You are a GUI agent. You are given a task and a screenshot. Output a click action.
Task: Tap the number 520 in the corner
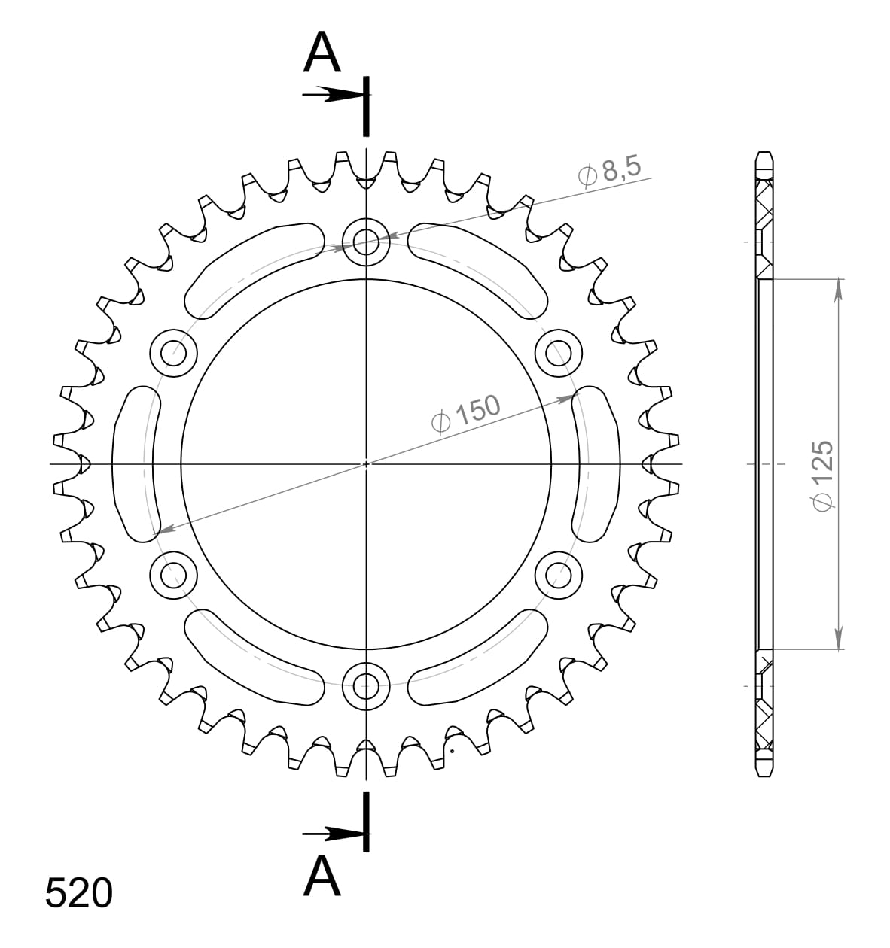point(79,894)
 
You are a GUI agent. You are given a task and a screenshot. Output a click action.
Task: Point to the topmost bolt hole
point(366,242)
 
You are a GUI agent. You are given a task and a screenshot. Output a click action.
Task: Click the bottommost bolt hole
point(366,685)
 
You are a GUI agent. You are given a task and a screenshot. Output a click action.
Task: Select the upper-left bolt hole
point(174,352)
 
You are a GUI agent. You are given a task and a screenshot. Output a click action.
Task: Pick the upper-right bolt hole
point(559,352)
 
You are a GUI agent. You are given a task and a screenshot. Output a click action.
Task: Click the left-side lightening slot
point(136,463)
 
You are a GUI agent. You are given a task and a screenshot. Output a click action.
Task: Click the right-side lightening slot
point(596,463)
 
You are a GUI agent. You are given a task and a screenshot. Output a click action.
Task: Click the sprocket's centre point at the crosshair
point(366,464)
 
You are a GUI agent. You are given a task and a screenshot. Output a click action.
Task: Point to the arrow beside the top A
point(331,95)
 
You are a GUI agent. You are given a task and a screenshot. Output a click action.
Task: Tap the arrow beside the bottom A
point(331,834)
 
